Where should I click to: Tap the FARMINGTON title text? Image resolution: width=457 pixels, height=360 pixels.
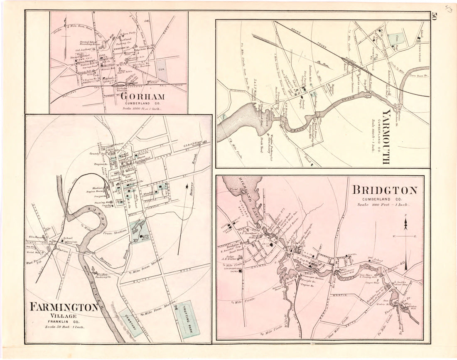coord(64,307)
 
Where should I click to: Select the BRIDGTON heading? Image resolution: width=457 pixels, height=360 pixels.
coord(385,190)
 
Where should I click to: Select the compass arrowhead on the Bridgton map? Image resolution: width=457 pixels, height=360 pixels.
coord(405,225)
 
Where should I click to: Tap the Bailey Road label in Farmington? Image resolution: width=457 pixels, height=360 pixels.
coord(137,282)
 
